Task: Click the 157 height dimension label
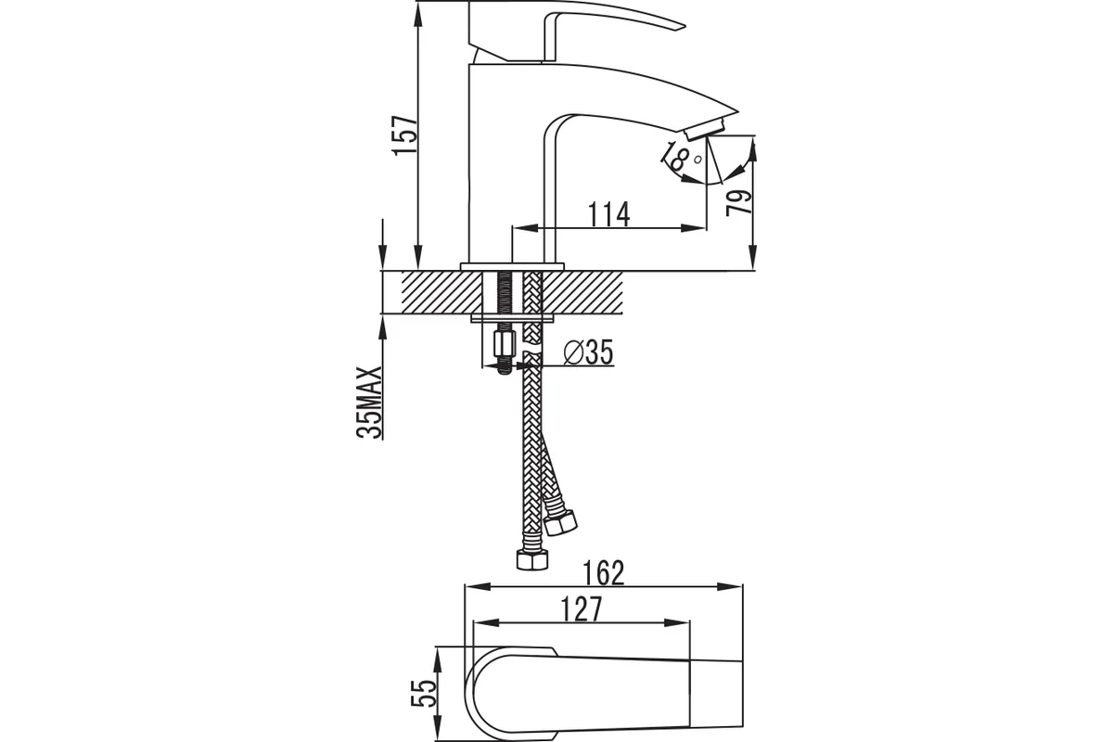(x=404, y=135)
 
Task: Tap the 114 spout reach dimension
(x=609, y=213)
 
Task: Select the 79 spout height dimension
(x=739, y=202)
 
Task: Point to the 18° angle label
(x=681, y=157)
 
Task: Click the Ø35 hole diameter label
(x=588, y=352)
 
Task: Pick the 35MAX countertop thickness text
(x=370, y=403)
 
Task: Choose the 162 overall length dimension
(x=603, y=573)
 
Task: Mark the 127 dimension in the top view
(x=582, y=608)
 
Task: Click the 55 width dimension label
(x=424, y=693)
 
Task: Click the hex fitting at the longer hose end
(x=532, y=559)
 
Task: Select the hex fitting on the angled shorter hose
(x=561, y=523)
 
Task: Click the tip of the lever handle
(x=684, y=25)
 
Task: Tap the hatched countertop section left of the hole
(x=441, y=292)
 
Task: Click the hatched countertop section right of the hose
(x=582, y=292)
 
